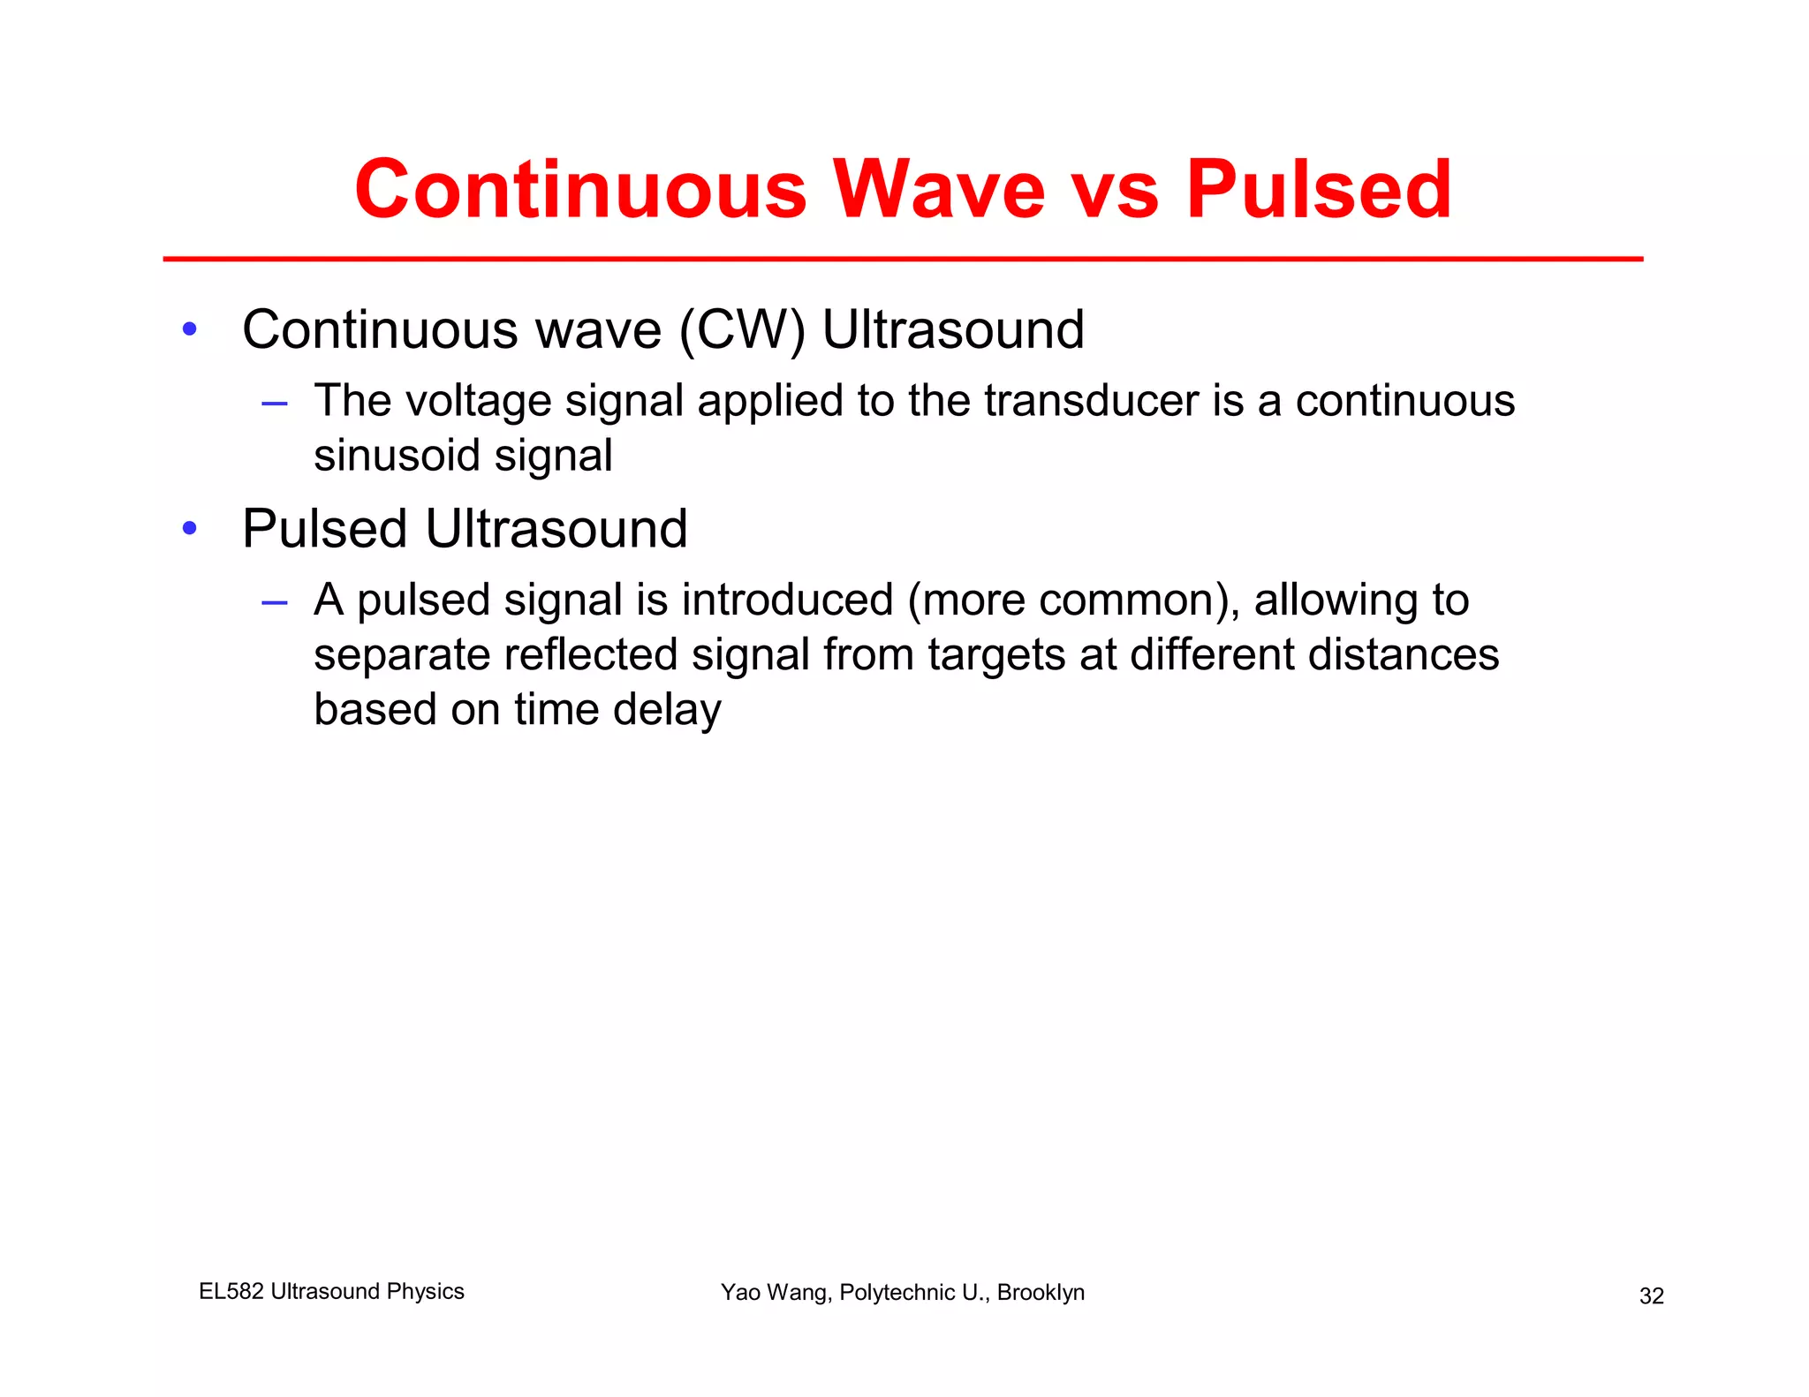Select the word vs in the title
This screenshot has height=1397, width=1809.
[1115, 191]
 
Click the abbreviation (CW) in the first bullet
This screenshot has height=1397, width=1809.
[742, 330]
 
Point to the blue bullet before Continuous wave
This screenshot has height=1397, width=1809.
[189, 330]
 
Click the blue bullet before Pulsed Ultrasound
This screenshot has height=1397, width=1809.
[189, 529]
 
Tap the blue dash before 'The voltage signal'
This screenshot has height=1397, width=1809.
[275, 404]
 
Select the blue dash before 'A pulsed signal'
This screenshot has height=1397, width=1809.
[275, 602]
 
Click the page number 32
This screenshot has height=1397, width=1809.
[1651, 1295]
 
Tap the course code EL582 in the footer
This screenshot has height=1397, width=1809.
[231, 1291]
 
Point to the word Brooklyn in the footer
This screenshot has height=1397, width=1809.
[1041, 1293]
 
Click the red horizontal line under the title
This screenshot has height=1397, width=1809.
[903, 259]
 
